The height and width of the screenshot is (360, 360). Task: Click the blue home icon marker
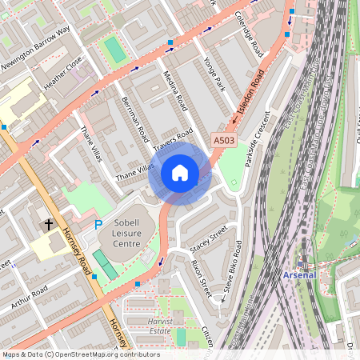tap(180, 174)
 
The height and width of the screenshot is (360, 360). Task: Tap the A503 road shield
tap(224, 141)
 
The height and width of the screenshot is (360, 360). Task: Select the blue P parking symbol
tap(98, 226)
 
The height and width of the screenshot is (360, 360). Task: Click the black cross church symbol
tap(49, 225)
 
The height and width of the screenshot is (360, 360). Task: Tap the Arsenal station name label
tap(300, 274)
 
